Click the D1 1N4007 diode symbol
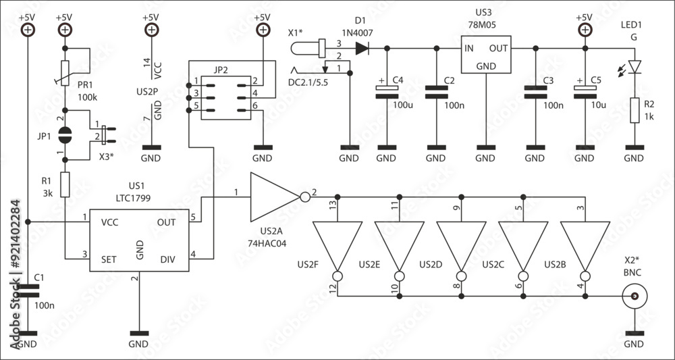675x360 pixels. (x=362, y=48)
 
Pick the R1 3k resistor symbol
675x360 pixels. (x=65, y=184)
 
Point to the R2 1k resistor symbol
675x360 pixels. (x=634, y=110)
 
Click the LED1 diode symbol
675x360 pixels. (x=634, y=66)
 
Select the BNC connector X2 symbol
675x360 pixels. (x=634, y=296)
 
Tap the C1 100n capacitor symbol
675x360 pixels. (x=28, y=291)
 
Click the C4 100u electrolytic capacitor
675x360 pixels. (x=386, y=92)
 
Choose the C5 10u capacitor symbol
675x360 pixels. (x=584, y=92)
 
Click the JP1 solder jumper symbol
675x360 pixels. (x=65, y=134)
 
